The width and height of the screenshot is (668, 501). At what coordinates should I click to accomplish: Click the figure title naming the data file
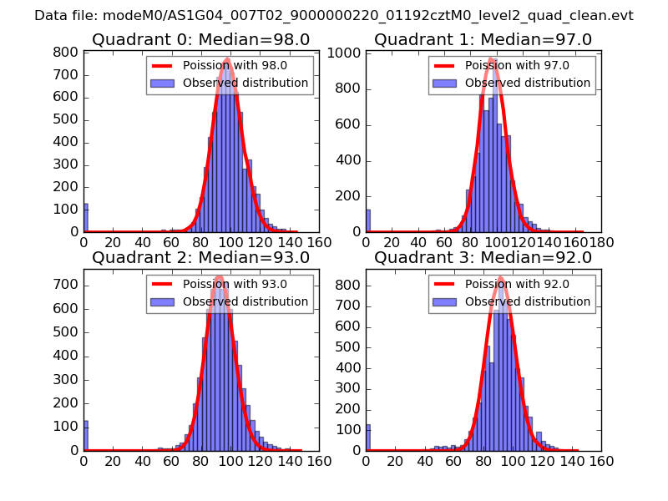point(334,15)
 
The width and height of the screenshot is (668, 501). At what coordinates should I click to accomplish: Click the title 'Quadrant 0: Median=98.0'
point(200,39)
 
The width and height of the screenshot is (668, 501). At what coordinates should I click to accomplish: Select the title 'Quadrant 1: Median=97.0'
point(483,39)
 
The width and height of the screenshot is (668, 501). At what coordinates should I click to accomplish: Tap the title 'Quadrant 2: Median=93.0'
point(200,257)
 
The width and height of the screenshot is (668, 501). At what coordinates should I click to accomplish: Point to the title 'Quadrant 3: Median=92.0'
point(483,257)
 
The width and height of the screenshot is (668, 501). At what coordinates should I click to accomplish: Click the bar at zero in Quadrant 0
point(85,218)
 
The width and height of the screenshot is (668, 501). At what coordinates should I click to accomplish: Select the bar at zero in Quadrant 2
point(85,436)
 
